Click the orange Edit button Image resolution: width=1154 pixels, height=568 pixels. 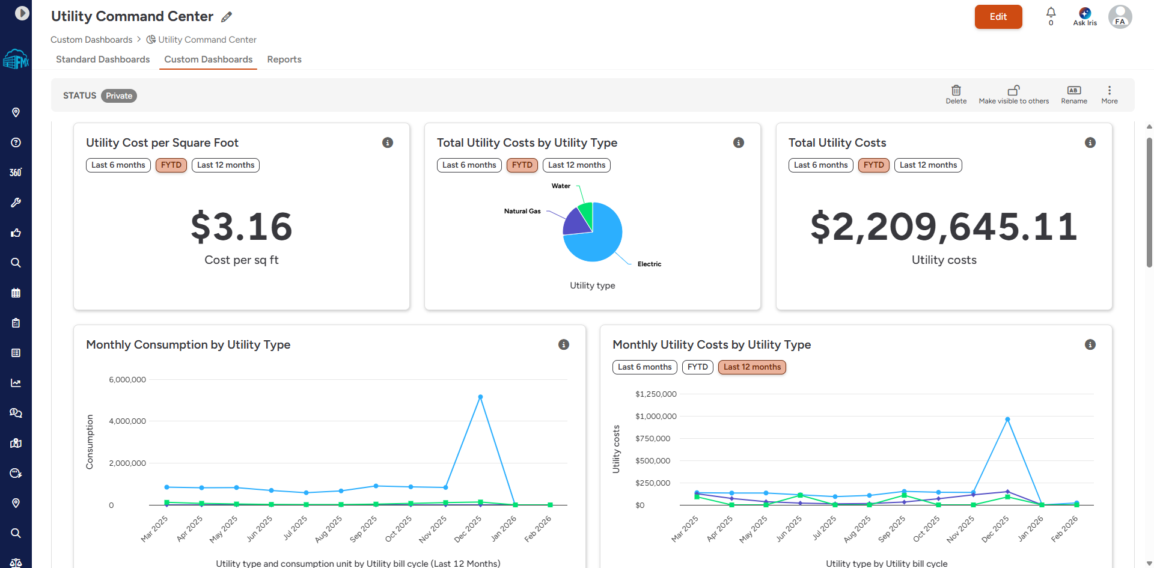[998, 17]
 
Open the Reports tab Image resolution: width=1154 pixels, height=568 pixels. [284, 60]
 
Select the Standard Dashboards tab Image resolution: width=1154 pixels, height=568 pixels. [103, 60]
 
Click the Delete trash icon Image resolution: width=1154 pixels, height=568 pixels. [956, 90]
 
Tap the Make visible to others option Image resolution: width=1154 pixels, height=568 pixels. [1013, 94]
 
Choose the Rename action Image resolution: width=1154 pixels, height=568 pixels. [1073, 94]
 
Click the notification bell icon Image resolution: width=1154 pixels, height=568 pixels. [1051, 13]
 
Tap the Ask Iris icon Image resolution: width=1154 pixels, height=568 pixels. [1085, 13]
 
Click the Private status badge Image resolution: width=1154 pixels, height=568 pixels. [119, 96]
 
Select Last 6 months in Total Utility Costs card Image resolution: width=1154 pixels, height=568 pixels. [820, 165]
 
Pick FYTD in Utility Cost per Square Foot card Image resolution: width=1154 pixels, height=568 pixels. [171, 165]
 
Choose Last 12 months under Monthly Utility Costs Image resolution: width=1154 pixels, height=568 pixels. [752, 367]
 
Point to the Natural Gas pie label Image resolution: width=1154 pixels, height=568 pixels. [522, 211]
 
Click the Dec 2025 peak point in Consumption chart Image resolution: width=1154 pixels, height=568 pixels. [480, 397]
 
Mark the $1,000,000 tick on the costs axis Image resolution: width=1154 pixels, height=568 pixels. [656, 417]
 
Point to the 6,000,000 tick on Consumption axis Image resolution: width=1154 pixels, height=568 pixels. [127, 380]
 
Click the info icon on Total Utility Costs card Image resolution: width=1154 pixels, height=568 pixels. [1090, 142]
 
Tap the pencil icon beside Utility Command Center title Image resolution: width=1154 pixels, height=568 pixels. [227, 17]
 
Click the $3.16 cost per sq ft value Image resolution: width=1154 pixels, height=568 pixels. [242, 227]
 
